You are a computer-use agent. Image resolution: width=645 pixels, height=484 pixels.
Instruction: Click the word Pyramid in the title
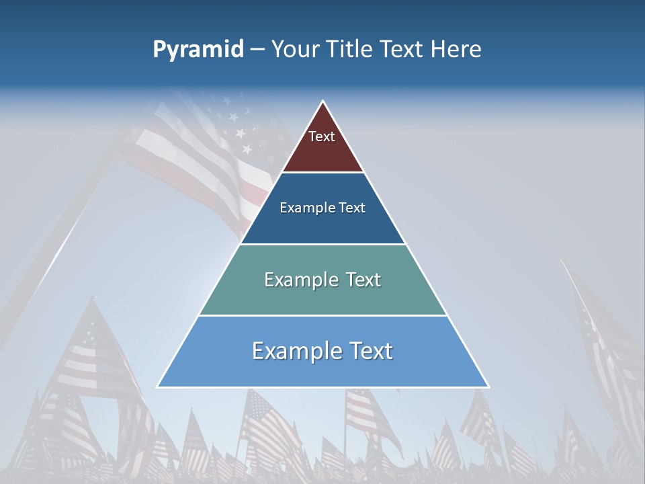(x=198, y=50)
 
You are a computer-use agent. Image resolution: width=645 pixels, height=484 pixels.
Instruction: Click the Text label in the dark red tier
(x=321, y=136)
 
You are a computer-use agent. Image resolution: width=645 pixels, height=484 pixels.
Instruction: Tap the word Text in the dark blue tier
(x=353, y=208)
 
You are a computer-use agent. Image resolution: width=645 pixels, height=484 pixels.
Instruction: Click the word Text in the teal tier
(x=363, y=280)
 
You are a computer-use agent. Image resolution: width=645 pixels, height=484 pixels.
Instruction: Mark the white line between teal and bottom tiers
(x=323, y=315)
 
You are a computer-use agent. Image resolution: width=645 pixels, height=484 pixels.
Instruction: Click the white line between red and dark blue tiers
(x=323, y=173)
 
